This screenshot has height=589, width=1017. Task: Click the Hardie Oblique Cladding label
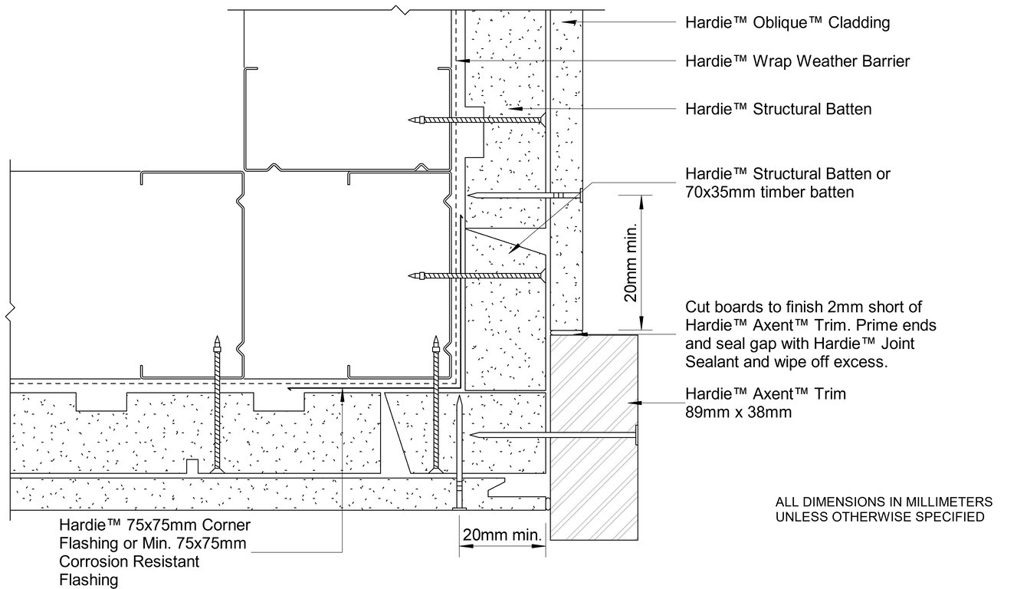coord(787,23)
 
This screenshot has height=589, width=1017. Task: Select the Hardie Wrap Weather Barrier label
coord(797,61)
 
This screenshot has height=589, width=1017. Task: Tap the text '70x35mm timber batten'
coord(769,192)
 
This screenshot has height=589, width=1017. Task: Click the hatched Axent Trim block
coord(593,435)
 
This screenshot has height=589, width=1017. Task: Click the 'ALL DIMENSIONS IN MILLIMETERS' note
coord(884,502)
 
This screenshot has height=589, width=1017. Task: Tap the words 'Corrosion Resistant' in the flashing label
coord(129,562)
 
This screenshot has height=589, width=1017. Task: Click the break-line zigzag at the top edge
coord(399,10)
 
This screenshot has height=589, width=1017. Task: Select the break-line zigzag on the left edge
coord(9,312)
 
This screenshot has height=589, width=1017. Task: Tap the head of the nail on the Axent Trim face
coord(637,436)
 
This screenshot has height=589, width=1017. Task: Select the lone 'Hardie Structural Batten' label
coord(778,109)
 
